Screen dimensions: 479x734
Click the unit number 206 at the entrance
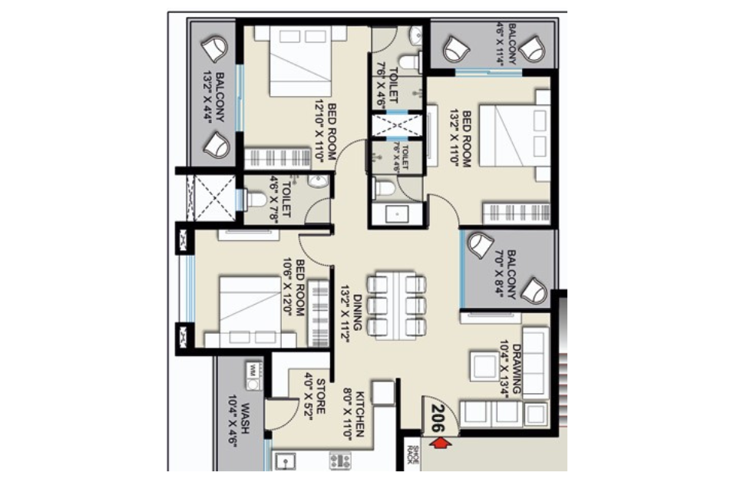click(x=438, y=418)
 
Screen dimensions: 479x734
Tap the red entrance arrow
click(x=440, y=443)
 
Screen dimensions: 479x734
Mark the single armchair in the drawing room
click(x=484, y=365)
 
